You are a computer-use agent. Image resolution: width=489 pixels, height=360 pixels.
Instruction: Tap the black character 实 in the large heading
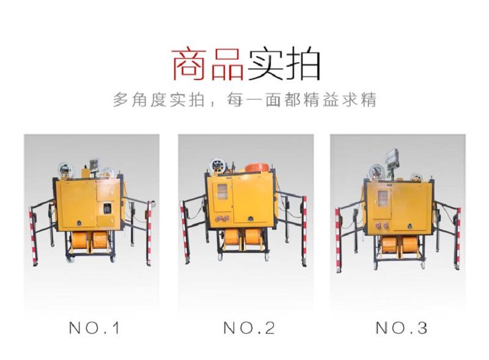click(265, 65)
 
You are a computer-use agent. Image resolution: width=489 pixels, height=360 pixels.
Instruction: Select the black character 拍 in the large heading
click(303, 65)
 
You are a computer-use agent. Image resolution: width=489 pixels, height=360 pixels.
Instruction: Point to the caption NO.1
click(95, 328)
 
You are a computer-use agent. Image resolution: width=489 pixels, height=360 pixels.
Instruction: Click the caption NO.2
click(249, 328)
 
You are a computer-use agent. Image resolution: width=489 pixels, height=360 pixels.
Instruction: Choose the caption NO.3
click(402, 328)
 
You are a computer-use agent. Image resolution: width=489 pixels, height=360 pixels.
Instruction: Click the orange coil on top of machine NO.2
click(257, 167)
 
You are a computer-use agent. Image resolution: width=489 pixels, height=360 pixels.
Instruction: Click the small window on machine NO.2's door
click(222, 191)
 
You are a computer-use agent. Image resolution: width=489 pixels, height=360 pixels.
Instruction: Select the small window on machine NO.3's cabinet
click(383, 198)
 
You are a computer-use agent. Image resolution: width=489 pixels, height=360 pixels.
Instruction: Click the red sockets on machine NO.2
click(222, 218)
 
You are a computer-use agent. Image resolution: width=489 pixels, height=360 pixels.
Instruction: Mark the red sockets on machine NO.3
click(383, 226)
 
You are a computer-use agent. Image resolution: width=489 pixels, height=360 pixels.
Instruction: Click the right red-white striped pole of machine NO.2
click(304, 231)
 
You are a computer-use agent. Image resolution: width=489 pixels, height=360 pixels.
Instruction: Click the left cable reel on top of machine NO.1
click(65, 170)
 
